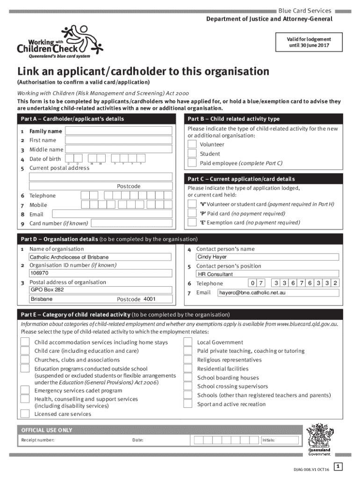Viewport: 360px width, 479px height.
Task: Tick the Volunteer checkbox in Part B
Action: click(192, 145)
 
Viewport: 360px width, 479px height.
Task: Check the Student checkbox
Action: click(192, 154)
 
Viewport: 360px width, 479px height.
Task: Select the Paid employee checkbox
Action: click(192, 163)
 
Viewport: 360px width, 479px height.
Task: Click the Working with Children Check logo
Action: click(59, 42)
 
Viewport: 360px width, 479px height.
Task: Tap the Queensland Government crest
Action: click(319, 439)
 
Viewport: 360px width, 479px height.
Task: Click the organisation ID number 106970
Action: click(39, 273)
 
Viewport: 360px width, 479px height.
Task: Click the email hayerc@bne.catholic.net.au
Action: click(252, 293)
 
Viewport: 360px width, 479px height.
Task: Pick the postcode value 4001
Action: click(150, 299)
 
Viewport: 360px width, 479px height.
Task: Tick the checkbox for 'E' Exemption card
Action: click(192, 223)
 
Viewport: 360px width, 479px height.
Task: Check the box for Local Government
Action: click(187, 342)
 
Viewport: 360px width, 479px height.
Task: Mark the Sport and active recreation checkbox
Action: click(187, 404)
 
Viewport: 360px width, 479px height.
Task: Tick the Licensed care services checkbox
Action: click(25, 414)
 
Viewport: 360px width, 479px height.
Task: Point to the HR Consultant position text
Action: click(215, 274)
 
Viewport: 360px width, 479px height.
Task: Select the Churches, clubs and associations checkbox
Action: click(25, 360)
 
